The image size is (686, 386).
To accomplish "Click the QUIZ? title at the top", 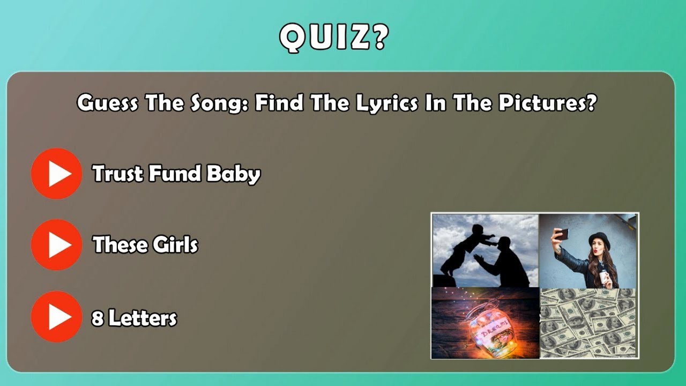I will click(x=333, y=37).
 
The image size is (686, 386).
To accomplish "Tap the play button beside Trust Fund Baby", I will click(x=56, y=174).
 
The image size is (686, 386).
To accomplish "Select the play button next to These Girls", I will click(x=56, y=244).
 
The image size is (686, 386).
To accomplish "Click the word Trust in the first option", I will click(x=117, y=174).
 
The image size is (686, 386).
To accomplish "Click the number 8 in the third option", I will click(x=97, y=318).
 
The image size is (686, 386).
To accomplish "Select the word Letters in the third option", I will click(x=143, y=318).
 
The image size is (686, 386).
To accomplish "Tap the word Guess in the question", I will click(x=107, y=102).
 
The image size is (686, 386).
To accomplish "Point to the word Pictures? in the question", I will click(x=547, y=102).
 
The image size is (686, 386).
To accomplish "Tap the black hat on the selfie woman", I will click(x=599, y=239).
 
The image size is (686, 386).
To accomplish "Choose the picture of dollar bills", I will click(x=588, y=323).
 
